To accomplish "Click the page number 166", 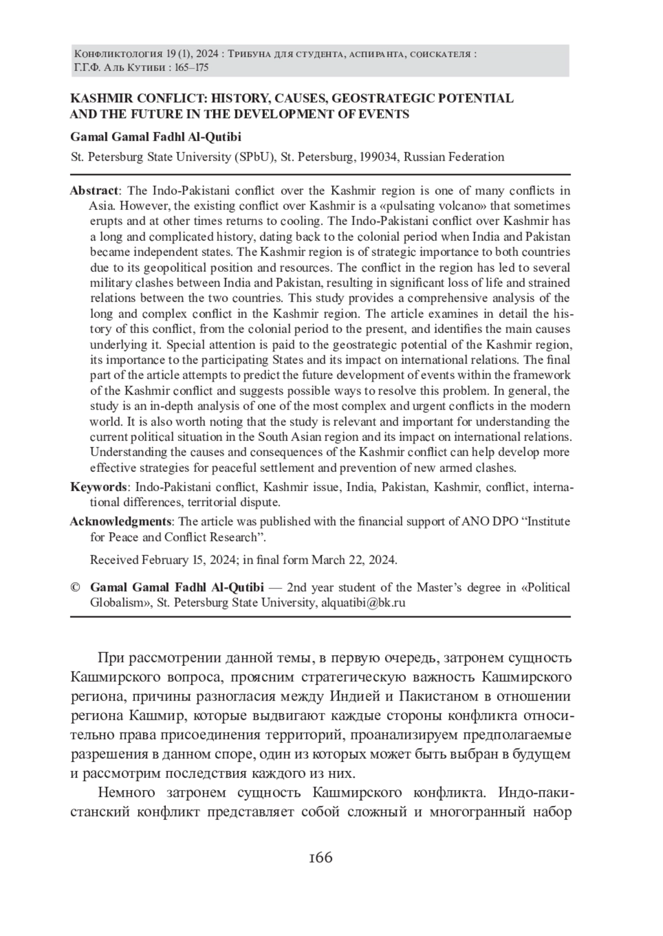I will tap(321, 858).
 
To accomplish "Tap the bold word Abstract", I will tap(93, 191).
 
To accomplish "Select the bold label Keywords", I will tap(98, 487).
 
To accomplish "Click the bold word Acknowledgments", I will tap(120, 521).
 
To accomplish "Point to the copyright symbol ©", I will tap(76, 587).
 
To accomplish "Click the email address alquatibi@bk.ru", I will tap(363, 602).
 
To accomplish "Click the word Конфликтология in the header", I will tap(118, 54).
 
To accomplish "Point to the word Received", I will tap(114, 560).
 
